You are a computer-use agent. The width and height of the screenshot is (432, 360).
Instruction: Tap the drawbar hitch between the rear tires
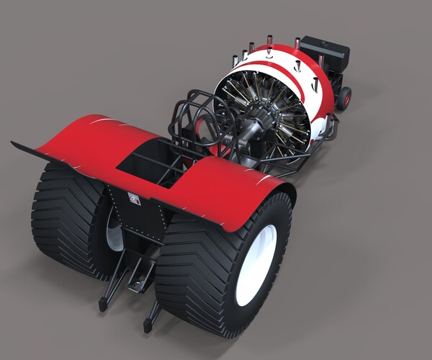137,277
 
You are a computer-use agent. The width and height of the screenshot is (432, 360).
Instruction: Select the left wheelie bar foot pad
103,305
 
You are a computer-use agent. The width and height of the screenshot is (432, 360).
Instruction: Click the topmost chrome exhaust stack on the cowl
269,40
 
